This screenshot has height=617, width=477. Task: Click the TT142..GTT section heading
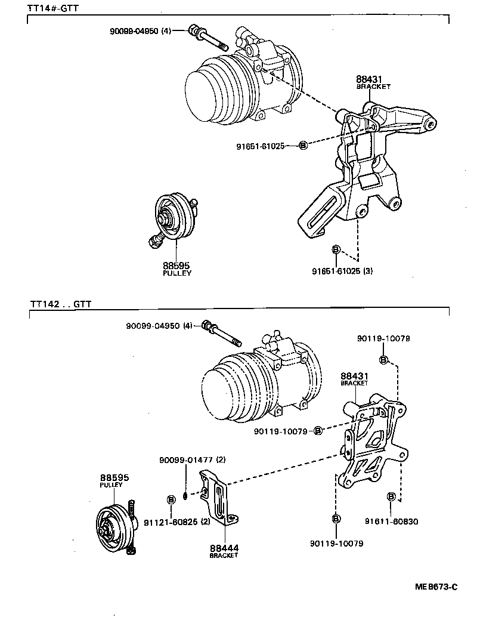pyautogui.click(x=60, y=303)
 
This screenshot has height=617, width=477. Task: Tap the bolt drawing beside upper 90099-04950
pyautogui.click(x=209, y=37)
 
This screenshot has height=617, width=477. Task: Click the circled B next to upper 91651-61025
pyautogui.click(x=302, y=145)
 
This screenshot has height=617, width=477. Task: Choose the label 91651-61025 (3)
pyautogui.click(x=342, y=271)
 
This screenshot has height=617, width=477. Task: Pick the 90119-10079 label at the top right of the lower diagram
pyautogui.click(x=383, y=338)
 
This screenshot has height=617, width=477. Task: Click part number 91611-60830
pyautogui.click(x=392, y=521)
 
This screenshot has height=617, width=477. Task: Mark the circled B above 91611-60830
pyautogui.click(x=391, y=496)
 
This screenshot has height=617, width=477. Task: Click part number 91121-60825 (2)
pyautogui.click(x=176, y=522)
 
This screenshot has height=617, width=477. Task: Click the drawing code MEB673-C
pyautogui.click(x=436, y=587)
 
